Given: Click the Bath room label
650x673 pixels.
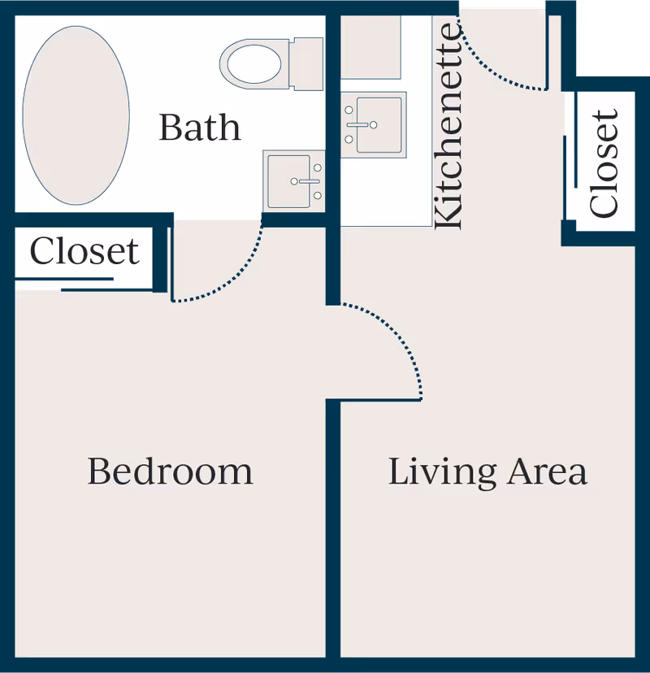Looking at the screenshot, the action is point(200,128).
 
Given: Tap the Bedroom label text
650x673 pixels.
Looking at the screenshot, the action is point(171,471).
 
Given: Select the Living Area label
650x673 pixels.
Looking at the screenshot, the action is point(487,472).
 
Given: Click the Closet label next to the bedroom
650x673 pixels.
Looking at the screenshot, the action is point(84,251).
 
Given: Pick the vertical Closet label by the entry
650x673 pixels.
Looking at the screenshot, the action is point(604,163).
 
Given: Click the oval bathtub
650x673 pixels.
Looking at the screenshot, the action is point(76,115).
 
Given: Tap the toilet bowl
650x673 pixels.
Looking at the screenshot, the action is point(254,64).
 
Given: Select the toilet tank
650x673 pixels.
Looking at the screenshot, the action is point(306,64).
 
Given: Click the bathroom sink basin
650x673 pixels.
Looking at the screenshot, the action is point(288,181).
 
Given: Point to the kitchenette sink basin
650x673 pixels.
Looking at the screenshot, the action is point(379,125).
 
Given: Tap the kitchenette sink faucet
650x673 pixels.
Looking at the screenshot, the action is point(362,125).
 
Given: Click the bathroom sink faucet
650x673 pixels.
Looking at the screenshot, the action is point(305,181).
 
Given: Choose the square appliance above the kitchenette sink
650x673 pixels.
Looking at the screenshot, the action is point(370,47).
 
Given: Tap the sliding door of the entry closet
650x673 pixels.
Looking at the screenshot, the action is point(570,178).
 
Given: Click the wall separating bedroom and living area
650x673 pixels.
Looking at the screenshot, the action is point(333,529).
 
